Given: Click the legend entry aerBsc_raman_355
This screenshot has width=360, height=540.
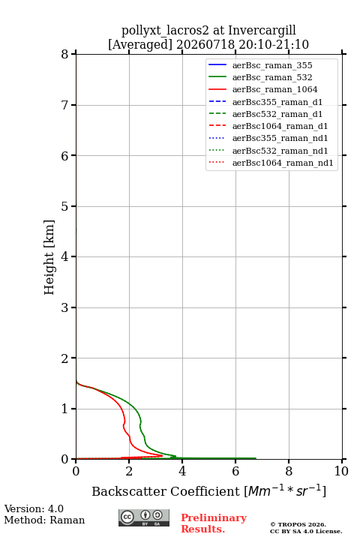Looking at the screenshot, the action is coord(272,65).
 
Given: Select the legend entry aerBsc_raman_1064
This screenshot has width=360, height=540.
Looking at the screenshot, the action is coord(274,89).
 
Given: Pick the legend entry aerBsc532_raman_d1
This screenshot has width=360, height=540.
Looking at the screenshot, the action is coord(277,114).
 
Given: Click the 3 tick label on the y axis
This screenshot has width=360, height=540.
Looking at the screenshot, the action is coord(64,307).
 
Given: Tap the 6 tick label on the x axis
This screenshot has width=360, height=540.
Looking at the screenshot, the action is coord(235,471).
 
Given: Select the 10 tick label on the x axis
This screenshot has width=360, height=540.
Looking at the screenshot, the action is coord(341,471).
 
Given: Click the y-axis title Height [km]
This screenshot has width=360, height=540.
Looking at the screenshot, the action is coord(49,257).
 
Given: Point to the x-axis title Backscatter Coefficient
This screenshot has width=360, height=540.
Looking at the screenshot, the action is coord(165,491).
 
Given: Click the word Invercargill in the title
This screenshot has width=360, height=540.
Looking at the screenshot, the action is coord(262,31).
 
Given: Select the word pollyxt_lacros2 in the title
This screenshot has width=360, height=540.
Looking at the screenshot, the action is coord(165,31).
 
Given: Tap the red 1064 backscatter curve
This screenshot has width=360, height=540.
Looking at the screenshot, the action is coord(124,420).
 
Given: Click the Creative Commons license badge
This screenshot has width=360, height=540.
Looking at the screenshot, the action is coord(144,517).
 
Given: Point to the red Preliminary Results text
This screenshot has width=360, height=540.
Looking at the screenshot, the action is coord(214,523).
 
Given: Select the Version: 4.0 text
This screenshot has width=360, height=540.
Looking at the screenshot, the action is coord(34,509).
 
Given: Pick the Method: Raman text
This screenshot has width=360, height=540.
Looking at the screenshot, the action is coord(44,520).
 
